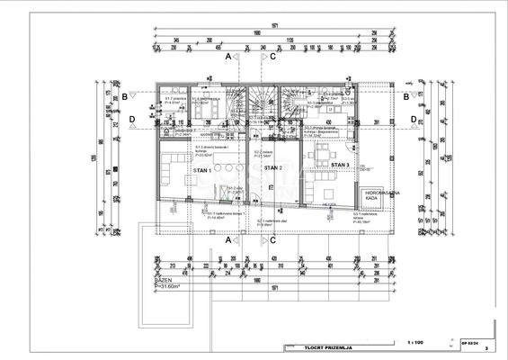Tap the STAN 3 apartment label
339,166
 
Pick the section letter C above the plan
272,56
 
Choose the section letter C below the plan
272,240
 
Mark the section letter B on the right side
406,95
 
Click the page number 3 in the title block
486,346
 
